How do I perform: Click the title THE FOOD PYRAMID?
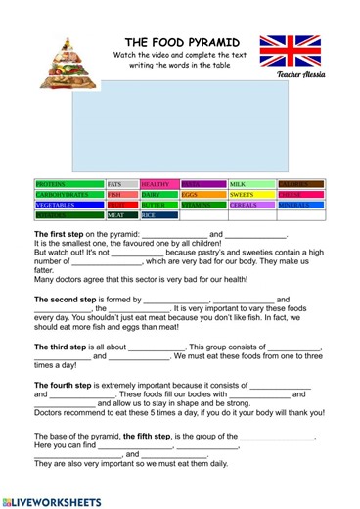coord(183,43)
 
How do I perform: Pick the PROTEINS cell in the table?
coord(68,184)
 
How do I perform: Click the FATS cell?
coord(121,184)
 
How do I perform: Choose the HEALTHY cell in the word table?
coord(158,184)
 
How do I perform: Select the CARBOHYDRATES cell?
coord(68,195)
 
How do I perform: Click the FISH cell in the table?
coord(121,195)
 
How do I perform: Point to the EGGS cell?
coord(202,195)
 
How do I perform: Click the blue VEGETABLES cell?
coord(68,206)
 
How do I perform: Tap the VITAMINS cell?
coord(202,206)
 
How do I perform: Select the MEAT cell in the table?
coord(121,215)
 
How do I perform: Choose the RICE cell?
coord(158,215)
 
